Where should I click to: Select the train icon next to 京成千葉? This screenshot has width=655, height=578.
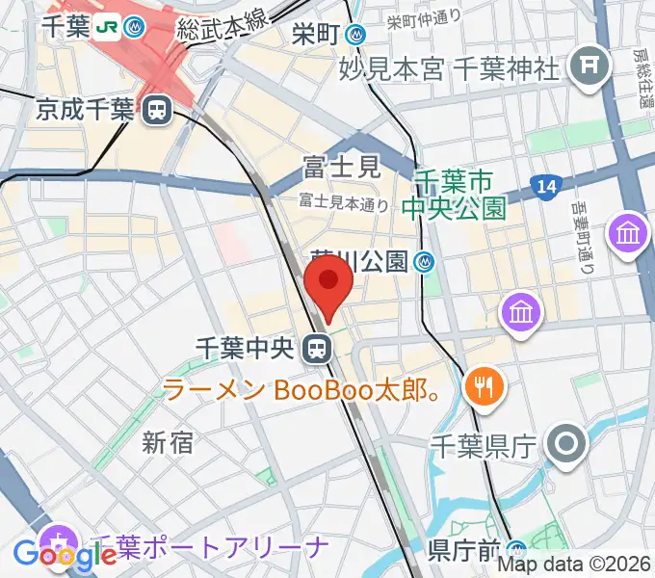coord(154,111)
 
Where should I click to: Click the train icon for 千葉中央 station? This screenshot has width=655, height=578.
coord(314,348)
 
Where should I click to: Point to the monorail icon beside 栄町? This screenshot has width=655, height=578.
coord(357,36)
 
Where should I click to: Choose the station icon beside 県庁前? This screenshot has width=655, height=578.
coord(518,549)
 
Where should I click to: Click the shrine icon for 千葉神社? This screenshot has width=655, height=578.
coord(585,66)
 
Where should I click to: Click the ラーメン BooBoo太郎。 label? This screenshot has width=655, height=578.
coord(303,390)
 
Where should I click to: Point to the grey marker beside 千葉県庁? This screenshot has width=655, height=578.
coord(565,444)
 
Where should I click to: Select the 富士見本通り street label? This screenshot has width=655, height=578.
coord(344,202)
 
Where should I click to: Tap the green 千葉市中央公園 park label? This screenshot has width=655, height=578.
coord(459,194)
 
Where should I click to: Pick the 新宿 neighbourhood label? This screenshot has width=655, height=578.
coord(168,443)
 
